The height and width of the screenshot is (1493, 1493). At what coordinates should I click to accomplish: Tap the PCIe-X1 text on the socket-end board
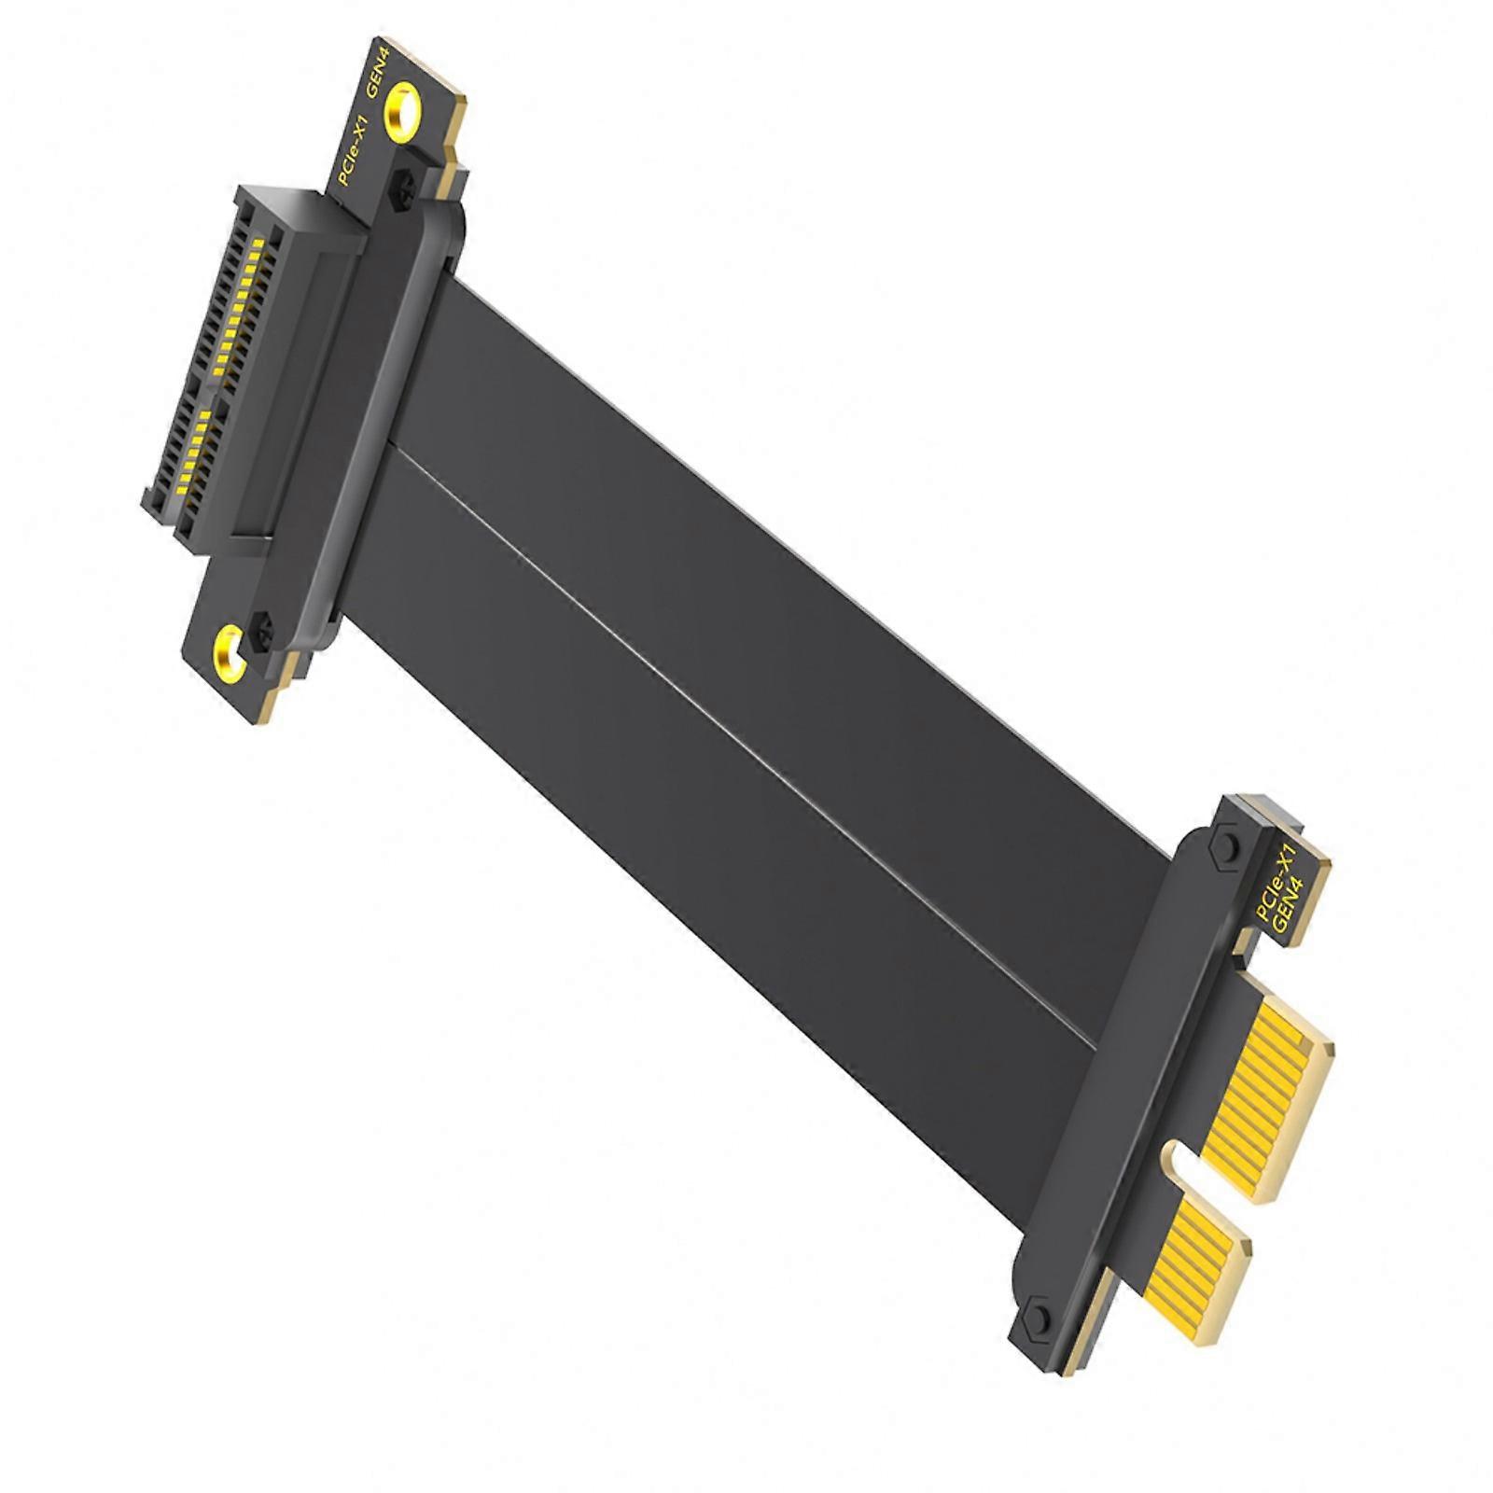[x=356, y=149]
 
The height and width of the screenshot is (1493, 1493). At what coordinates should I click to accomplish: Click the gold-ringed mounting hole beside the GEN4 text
[x=403, y=109]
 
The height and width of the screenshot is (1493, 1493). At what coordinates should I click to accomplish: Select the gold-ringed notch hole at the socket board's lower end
[x=230, y=653]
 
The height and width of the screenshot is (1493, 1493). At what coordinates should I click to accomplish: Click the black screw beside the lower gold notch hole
[x=263, y=632]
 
